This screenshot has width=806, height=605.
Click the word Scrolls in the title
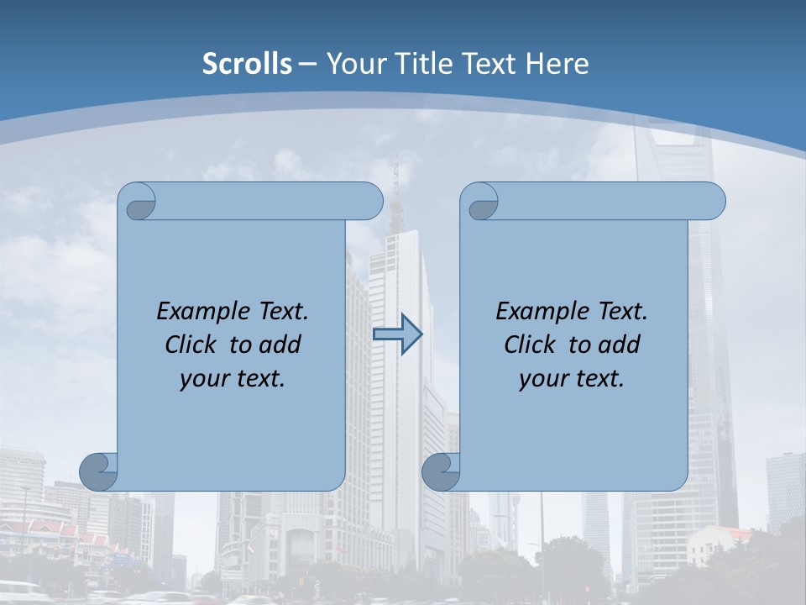click(x=247, y=64)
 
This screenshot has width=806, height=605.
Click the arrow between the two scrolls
click(x=397, y=334)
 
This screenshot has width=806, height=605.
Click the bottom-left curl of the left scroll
click(x=98, y=471)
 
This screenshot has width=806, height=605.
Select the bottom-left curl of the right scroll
click(x=440, y=471)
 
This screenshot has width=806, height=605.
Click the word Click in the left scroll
click(x=191, y=345)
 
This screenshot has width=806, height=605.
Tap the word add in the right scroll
click(x=616, y=345)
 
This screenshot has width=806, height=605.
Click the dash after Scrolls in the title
click(x=307, y=64)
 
